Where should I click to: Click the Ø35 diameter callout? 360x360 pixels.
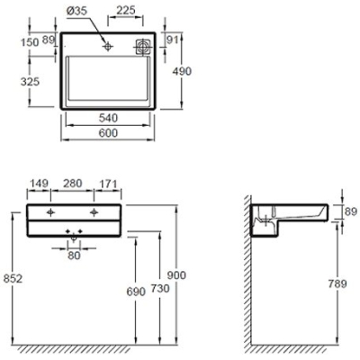point(76,11)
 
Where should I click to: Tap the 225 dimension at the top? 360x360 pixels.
point(126,10)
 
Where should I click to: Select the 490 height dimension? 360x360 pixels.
point(182,71)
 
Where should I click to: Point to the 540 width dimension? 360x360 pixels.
point(108,118)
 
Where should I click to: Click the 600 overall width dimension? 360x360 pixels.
point(108,132)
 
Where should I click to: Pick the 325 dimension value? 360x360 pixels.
point(30,81)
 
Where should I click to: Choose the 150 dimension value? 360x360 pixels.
point(30,42)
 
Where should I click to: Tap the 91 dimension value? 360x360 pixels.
point(173,40)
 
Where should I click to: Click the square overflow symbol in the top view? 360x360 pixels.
point(143,47)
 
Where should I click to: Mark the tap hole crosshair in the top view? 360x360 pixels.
point(107,46)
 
